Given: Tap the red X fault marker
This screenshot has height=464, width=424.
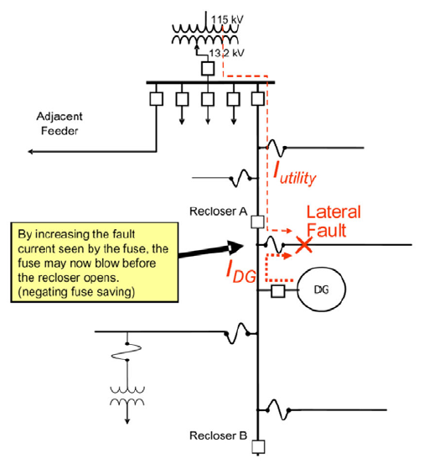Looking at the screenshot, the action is point(304,245).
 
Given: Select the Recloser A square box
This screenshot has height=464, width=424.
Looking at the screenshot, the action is point(257,222).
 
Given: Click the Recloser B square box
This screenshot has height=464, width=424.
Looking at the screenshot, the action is point(258,446).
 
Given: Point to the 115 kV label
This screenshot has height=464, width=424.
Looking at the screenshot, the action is point(227,20).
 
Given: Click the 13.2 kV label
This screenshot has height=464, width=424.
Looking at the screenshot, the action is point(226,53).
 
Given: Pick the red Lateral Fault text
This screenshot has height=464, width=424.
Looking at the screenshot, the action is point(334,221).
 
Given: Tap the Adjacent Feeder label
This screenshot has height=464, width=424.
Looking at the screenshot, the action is point(59,123).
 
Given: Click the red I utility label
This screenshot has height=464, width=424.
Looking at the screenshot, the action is point(295,174).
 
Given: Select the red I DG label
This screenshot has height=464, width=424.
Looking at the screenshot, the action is point(240,271).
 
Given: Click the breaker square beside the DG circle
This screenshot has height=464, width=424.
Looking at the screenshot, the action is point(278,291).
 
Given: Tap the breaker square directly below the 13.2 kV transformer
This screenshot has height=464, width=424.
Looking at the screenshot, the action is point(208,68).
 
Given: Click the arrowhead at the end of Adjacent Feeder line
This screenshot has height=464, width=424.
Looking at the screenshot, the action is point(30,152).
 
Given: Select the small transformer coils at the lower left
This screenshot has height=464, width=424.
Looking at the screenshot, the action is point(127,396).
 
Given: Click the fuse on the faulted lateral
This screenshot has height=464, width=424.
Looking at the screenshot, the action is point(275,244).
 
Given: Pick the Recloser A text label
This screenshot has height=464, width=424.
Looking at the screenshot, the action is point(219,211).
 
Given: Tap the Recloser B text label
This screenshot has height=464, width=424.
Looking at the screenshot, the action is point(219,435).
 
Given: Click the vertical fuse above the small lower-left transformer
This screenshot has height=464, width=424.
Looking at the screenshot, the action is point(127,352).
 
